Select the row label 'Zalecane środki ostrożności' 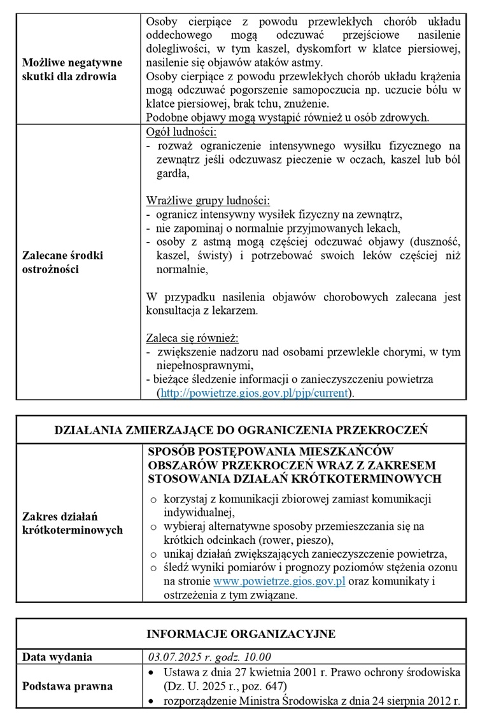62,262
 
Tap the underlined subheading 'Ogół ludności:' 181,132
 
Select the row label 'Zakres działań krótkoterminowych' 71,523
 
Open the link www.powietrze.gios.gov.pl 279,582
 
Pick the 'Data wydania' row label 57,657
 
